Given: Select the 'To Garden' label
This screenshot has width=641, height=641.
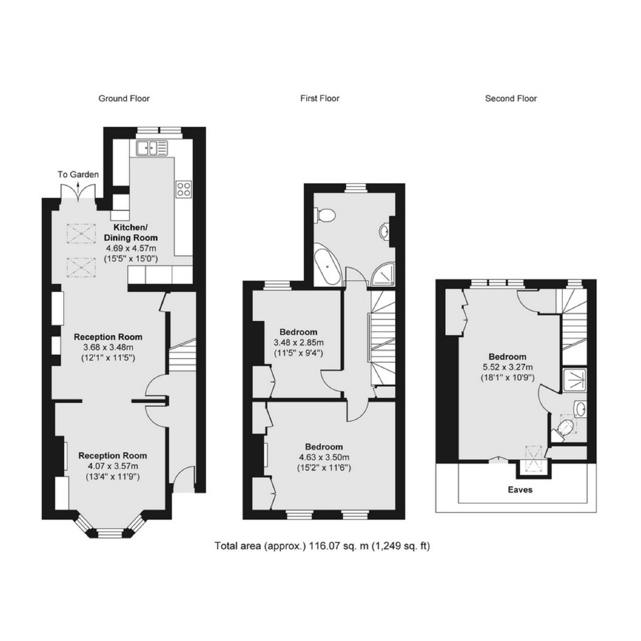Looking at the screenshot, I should (78, 174).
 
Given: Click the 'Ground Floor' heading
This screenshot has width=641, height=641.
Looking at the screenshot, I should (124, 99).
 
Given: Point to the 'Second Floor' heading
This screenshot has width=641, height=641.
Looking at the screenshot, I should (511, 99).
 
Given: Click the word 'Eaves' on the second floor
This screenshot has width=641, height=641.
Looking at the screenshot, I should (520, 490).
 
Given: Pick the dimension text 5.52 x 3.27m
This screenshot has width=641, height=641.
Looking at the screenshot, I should (507, 367).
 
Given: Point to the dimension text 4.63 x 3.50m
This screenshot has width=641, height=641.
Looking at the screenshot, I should (324, 457).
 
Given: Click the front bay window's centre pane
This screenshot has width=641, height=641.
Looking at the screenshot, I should (110, 533).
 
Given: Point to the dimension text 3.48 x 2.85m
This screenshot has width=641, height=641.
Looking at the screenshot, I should (298, 343).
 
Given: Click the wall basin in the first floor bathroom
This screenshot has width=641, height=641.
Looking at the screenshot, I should (385, 232).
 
